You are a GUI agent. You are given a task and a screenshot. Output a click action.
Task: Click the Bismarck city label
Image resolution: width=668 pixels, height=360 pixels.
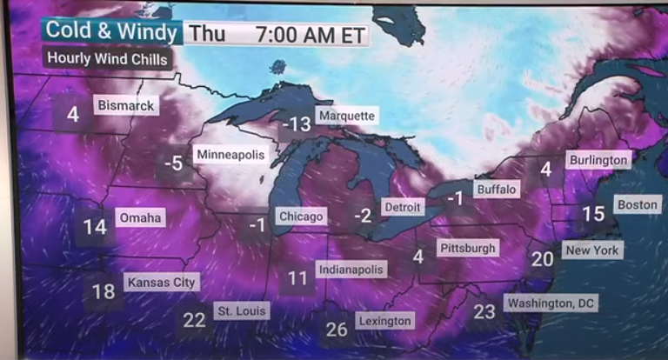tap(125, 105)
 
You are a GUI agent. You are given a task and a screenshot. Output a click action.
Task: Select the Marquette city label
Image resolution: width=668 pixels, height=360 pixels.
tap(346, 116)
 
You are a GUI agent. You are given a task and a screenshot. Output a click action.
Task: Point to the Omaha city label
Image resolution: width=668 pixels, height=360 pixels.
tap(140, 217)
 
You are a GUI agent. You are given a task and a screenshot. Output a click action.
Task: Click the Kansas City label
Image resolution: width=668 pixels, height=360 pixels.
tap(162, 282)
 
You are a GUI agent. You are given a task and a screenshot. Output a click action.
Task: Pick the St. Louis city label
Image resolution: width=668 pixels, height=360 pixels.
tap(242, 310)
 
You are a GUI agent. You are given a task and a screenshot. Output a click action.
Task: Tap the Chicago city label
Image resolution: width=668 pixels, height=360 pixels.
tap(300, 216)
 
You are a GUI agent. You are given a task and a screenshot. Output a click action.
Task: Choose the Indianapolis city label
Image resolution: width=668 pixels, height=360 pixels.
tap(351, 270)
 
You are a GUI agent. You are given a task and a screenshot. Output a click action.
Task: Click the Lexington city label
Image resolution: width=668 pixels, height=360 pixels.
tap(384, 321)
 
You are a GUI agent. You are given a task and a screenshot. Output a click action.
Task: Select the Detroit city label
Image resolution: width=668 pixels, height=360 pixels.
tap(402, 208)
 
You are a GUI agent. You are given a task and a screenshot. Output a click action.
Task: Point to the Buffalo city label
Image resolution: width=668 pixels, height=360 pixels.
tap(496, 189)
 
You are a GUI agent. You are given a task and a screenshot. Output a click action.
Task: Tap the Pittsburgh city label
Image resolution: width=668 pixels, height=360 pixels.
tap(467, 248)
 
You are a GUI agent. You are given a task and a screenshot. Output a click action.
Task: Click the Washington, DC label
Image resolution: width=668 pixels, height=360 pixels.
tap(551, 303)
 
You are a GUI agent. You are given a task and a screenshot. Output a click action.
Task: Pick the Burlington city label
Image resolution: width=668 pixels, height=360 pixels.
tap(598, 160)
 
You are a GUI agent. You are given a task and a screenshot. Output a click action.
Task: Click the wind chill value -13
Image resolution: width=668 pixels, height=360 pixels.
tap(296, 124)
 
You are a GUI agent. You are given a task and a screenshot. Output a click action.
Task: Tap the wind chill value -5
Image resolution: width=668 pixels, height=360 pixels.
tap(175, 163)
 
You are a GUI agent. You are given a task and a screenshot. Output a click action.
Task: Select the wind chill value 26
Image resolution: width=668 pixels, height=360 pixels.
tap(337, 330)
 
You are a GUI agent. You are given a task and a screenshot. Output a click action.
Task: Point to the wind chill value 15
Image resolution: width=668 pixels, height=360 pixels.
tap(593, 214)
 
